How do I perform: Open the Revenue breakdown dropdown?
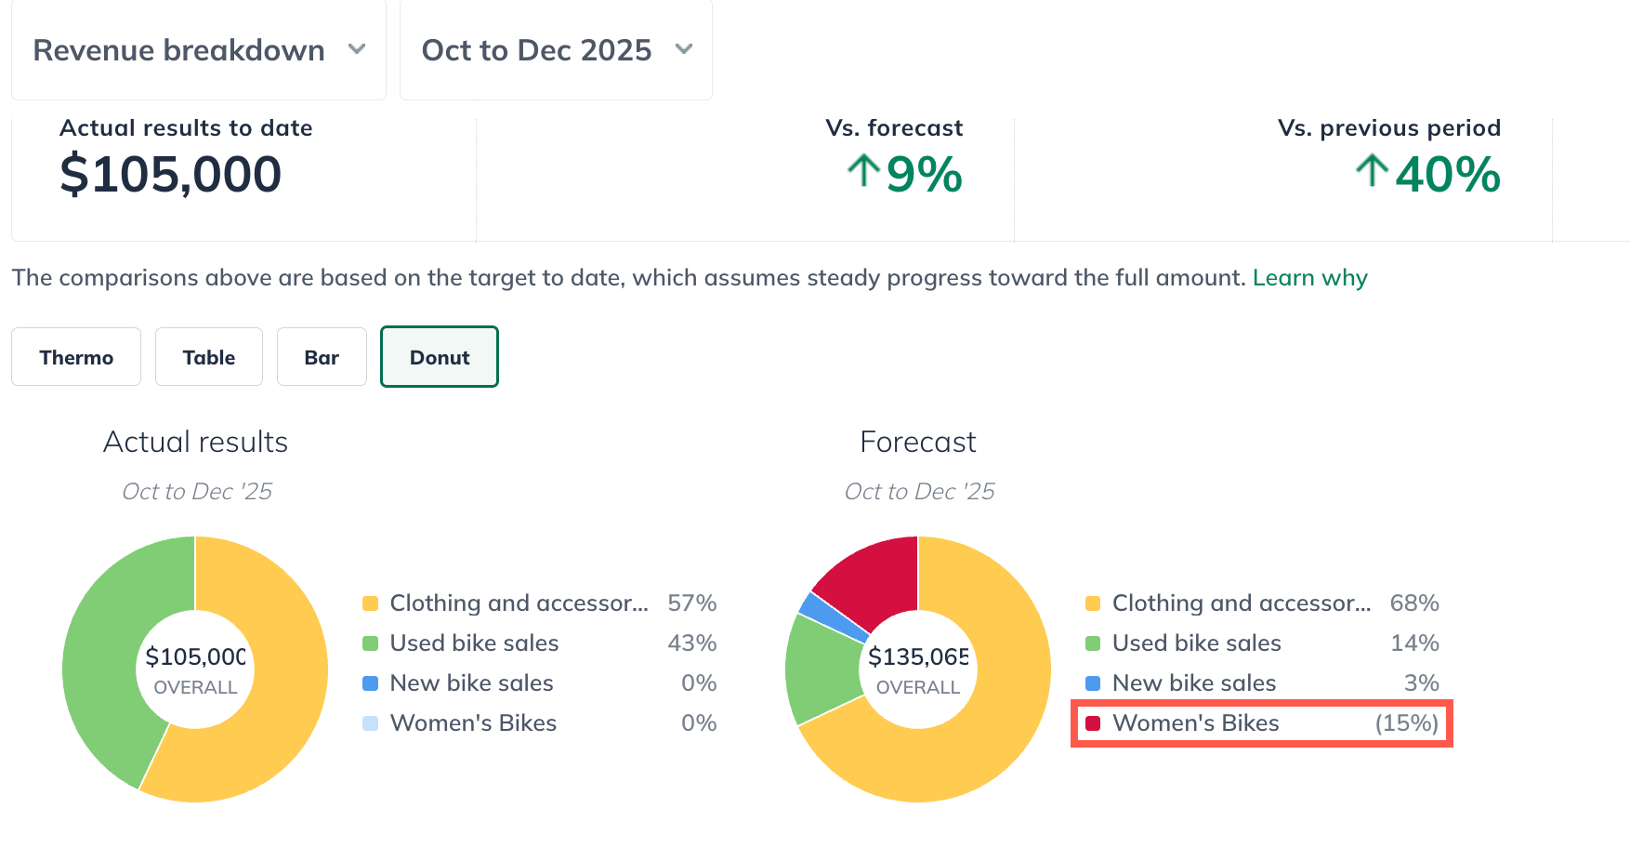(199, 50)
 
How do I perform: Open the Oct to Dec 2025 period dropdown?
(556, 50)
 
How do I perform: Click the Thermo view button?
(76, 357)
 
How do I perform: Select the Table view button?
(209, 357)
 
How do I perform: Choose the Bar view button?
(322, 357)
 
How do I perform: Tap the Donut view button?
(440, 357)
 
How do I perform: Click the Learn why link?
(1309, 278)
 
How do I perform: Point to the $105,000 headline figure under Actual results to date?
(171, 175)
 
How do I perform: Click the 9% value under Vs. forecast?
(923, 175)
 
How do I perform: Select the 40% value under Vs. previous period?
(1447, 175)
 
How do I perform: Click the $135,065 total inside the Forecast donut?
(917, 657)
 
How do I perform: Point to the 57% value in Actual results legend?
(691, 603)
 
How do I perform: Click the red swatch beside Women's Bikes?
(1093, 723)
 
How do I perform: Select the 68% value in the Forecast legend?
(1413, 603)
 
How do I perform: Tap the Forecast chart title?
(917, 442)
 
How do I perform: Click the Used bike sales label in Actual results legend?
(474, 643)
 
